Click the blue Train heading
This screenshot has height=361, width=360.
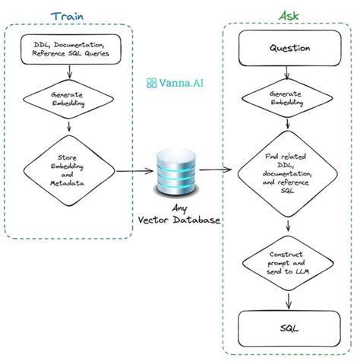pos(68,16)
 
